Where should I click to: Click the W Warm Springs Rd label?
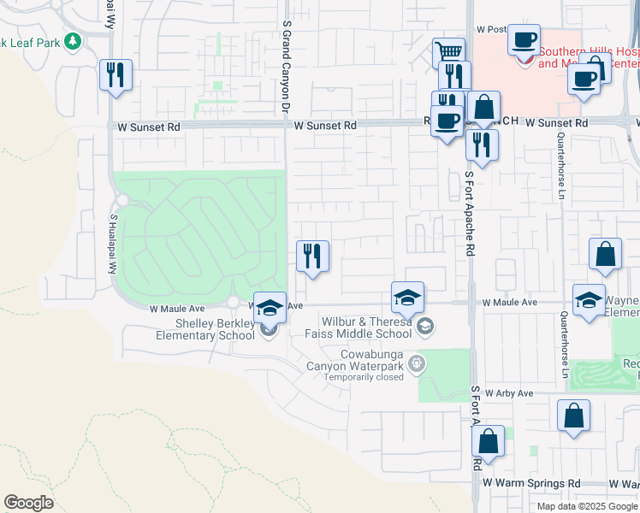click(x=531, y=483)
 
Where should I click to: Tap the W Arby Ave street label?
click(x=509, y=393)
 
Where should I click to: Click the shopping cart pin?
click(x=448, y=53)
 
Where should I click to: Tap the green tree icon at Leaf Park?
click(x=73, y=40)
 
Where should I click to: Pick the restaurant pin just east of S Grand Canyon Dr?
click(x=312, y=256)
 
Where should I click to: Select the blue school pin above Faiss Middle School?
click(x=408, y=298)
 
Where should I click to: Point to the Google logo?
click(x=28, y=503)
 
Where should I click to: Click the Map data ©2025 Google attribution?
click(x=587, y=505)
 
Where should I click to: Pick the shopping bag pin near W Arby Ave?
click(x=573, y=416)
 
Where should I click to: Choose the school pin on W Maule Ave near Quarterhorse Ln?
click(x=589, y=300)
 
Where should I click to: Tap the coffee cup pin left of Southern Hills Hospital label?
click(x=524, y=39)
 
